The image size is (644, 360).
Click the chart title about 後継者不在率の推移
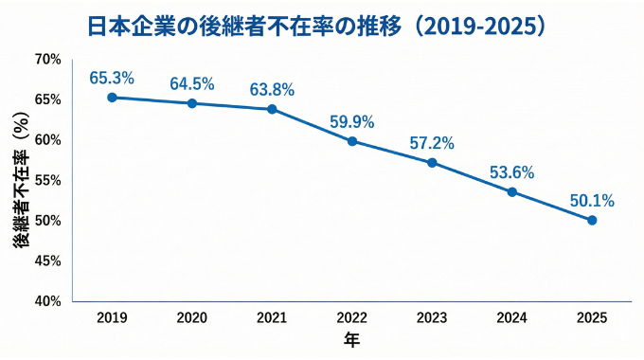322,24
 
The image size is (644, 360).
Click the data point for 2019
112,97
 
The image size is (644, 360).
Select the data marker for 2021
272,109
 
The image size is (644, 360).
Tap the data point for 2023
432,162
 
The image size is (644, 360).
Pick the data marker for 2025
592,220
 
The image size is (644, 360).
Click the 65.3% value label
112,77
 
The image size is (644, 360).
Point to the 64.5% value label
192,83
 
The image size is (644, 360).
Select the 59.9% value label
352,121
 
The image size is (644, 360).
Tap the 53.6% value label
512,172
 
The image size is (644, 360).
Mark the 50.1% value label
592,200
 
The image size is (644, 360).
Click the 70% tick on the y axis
47,59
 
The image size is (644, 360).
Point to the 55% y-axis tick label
47,180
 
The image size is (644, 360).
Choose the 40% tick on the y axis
47,301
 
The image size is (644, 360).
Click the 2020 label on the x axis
192,318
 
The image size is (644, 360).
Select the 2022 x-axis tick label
352,318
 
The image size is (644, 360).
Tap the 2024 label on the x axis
512,318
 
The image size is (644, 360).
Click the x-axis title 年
351,339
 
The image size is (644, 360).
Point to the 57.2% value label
432,143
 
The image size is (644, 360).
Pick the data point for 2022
352,141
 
